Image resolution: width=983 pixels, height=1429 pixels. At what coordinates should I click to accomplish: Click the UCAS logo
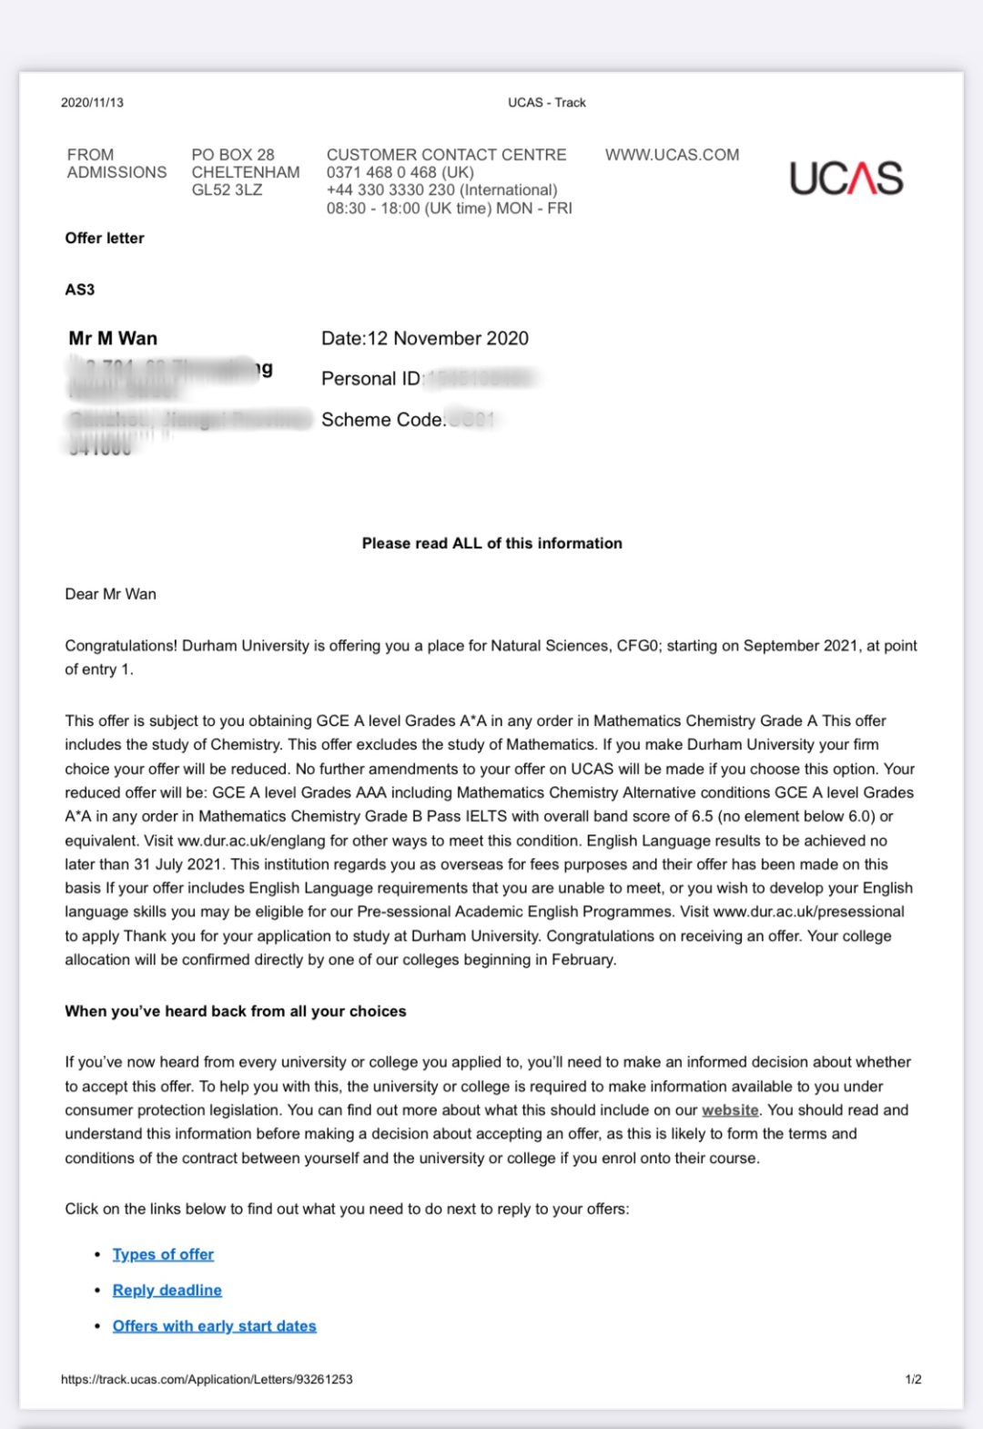pyautogui.click(x=846, y=179)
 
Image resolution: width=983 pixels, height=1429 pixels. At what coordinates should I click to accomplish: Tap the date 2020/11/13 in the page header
pyautogui.click(x=92, y=103)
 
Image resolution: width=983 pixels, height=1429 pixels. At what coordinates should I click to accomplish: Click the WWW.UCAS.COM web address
pyautogui.click(x=672, y=155)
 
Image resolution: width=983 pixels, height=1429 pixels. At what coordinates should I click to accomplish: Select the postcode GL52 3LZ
pyautogui.click(x=227, y=189)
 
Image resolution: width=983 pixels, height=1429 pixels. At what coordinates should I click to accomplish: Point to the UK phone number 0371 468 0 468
pyautogui.click(x=400, y=172)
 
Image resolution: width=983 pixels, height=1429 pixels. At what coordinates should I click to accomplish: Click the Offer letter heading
pyautogui.click(x=105, y=238)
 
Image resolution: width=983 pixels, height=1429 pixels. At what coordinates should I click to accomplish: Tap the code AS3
pyautogui.click(x=80, y=290)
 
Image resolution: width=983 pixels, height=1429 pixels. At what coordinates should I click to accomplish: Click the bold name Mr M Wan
pyautogui.click(x=113, y=339)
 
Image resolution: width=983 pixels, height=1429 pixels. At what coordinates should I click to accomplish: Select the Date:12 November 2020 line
pyautogui.click(x=424, y=339)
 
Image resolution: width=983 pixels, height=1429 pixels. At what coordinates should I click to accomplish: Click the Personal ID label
pyautogui.click(x=371, y=379)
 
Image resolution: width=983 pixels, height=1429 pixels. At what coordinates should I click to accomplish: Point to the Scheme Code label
pyautogui.click(x=382, y=420)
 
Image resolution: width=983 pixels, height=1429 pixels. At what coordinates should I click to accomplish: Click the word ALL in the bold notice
pyautogui.click(x=467, y=544)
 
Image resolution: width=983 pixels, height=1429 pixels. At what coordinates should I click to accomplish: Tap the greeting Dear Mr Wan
pyautogui.click(x=110, y=594)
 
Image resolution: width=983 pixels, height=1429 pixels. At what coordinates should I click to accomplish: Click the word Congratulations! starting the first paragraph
pyautogui.click(x=121, y=646)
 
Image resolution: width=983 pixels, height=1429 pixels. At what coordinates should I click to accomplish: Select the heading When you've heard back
pyautogui.click(x=235, y=1011)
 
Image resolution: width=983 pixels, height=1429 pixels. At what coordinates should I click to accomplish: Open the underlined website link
pyautogui.click(x=730, y=1110)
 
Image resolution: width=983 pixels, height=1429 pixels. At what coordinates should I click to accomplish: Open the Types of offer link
pyautogui.click(x=163, y=1254)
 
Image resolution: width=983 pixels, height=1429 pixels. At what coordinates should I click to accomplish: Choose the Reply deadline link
pyautogui.click(x=167, y=1290)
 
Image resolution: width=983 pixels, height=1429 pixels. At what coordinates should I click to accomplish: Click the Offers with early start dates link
pyautogui.click(x=214, y=1326)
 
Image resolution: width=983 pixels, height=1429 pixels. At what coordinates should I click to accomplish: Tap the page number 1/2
pyautogui.click(x=913, y=1380)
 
